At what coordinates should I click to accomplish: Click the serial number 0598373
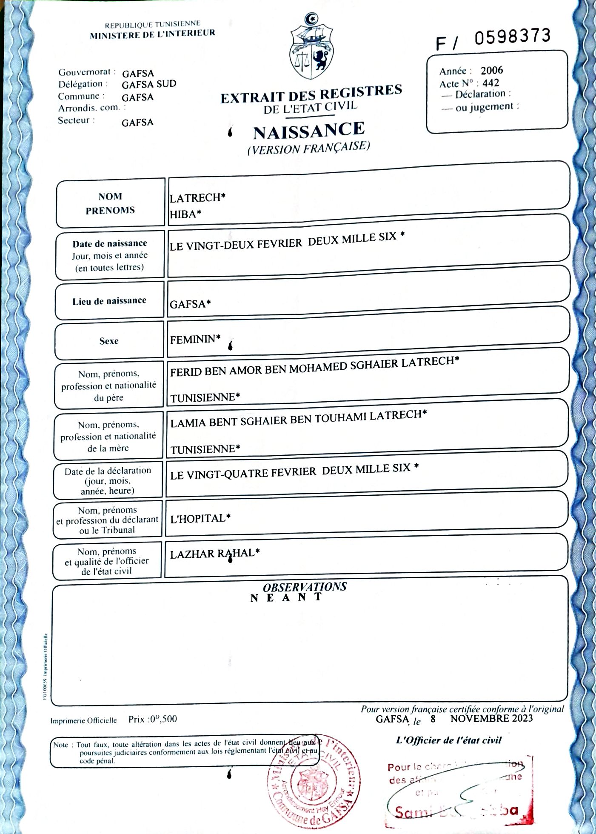coord(512,37)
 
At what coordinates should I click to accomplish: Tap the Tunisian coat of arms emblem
coord(311,47)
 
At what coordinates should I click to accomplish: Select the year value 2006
coord(492,70)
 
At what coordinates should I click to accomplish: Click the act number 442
coord(490,83)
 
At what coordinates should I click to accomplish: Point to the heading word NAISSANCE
coord(309,131)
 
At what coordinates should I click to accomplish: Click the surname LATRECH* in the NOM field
coord(197,198)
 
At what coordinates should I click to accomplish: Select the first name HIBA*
coord(185,214)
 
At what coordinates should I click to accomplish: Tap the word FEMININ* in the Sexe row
coord(195,339)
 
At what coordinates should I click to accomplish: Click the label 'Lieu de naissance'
coord(109,301)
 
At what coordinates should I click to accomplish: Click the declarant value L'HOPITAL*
coord(200,518)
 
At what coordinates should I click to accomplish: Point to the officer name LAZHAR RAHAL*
coord(215,554)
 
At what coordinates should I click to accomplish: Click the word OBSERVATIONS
coord(305,587)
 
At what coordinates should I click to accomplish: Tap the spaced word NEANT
coord(286,597)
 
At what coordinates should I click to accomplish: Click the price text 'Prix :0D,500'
coord(152,719)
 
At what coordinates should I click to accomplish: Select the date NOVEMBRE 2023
coord(491,718)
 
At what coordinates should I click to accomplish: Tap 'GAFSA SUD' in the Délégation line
coord(149,84)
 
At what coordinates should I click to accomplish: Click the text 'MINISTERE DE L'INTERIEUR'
coord(152,34)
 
